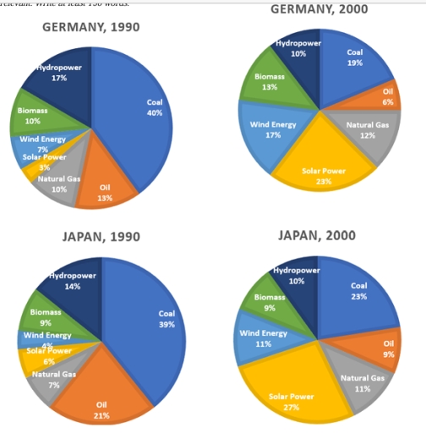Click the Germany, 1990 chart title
tap(91, 28)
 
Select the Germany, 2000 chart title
tap(319, 8)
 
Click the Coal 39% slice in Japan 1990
tap(152, 321)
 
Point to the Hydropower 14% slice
tap(72, 283)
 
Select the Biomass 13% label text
tap(271, 81)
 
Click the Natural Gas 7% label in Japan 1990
tap(54, 377)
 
